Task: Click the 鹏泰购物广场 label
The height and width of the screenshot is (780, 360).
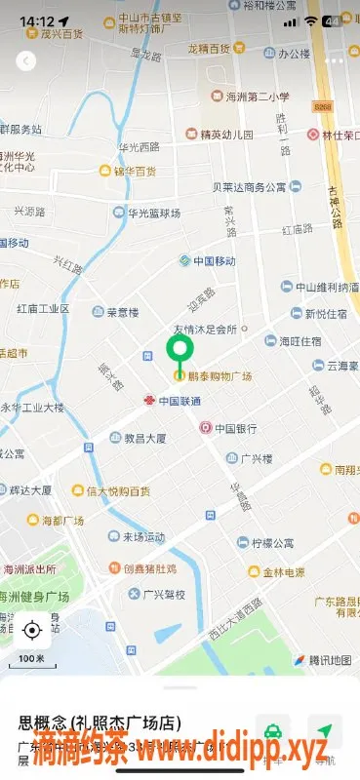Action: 220,376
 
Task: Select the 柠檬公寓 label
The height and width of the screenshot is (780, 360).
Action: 272,542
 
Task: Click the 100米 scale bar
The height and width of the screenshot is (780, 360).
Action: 32,659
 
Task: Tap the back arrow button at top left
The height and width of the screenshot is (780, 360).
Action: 26,60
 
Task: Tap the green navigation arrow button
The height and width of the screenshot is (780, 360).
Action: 325,731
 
